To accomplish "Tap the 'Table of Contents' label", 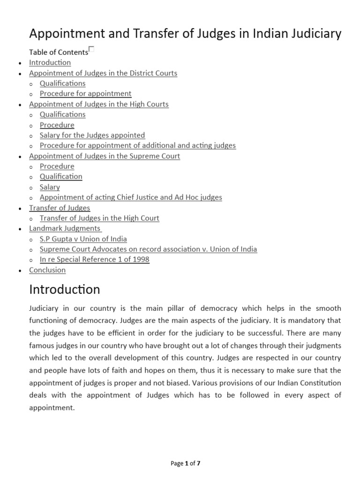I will point(58,52).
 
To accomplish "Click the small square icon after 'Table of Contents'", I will point(91,49).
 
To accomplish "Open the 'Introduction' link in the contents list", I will point(50,62).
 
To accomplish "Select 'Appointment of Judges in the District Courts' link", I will point(103,73).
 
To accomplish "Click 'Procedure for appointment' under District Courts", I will point(85,94).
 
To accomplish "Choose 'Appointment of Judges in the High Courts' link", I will point(98,104).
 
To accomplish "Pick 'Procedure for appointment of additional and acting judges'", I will point(138,145).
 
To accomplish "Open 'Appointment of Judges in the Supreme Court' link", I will point(104,156).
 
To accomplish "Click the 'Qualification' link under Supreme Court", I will point(61,177).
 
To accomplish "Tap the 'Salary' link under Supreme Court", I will point(50,187).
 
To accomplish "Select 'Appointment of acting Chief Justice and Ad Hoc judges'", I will point(131,197).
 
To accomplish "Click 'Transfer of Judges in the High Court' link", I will point(99,218).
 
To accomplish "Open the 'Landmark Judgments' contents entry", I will point(65,228).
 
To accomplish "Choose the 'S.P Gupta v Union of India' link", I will point(83,239).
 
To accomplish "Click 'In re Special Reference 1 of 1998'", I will point(94,259).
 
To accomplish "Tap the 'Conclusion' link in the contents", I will point(47,270).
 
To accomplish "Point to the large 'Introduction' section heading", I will point(65,290).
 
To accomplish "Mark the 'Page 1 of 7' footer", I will point(186,464).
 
